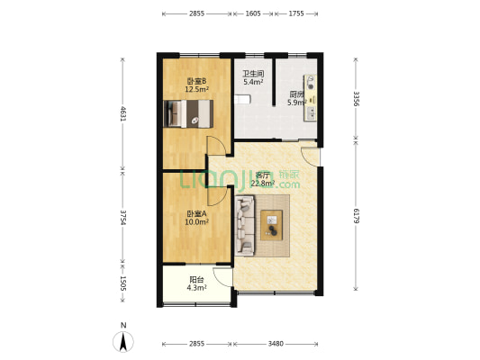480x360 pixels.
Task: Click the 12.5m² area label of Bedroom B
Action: [196, 89]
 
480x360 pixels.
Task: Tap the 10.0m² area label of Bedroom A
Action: [196, 221]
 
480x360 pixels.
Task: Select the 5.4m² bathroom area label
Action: [253, 82]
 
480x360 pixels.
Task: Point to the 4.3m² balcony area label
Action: [196, 287]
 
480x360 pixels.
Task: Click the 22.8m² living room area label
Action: [262, 184]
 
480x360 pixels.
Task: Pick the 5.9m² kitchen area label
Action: [296, 103]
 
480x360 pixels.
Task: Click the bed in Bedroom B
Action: [188, 113]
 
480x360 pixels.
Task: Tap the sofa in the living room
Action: [244, 226]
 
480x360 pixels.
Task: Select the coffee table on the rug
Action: [272, 225]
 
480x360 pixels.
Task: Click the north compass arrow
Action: [123, 342]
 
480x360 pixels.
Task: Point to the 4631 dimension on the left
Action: [122, 113]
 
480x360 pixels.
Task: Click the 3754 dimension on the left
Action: [122, 217]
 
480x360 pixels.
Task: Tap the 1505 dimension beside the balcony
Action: [122, 283]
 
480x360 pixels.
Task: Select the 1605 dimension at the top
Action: [253, 13]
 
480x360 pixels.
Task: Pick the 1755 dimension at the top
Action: [296, 13]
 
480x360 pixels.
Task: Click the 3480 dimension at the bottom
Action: [276, 344]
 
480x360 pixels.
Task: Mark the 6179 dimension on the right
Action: [356, 216]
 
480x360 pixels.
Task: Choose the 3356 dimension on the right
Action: [356, 98]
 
